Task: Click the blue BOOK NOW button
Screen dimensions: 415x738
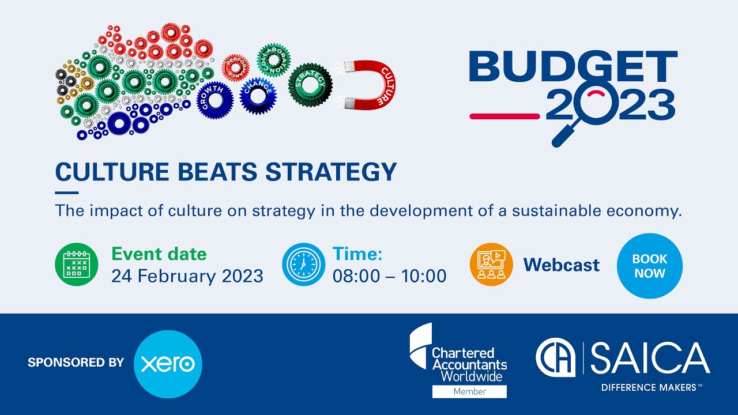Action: click(649, 266)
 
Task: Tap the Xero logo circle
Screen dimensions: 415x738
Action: click(168, 364)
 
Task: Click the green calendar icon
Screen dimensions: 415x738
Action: click(77, 265)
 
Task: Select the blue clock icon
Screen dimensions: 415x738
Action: click(303, 265)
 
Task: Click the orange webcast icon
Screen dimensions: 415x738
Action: click(491, 265)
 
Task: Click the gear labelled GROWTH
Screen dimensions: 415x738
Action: click(215, 99)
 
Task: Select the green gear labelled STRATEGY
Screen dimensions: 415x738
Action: click(310, 84)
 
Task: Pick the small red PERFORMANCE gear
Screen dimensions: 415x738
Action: click(236, 68)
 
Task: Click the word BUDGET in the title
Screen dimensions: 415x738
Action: click(573, 66)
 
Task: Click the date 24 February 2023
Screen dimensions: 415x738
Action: click(187, 276)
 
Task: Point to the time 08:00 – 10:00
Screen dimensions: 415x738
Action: click(389, 276)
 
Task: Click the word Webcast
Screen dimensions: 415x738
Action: click(561, 265)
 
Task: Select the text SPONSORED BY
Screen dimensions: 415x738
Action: click(76, 363)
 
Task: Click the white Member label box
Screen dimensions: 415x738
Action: click(469, 391)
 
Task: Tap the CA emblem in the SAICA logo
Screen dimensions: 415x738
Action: click(556, 358)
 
